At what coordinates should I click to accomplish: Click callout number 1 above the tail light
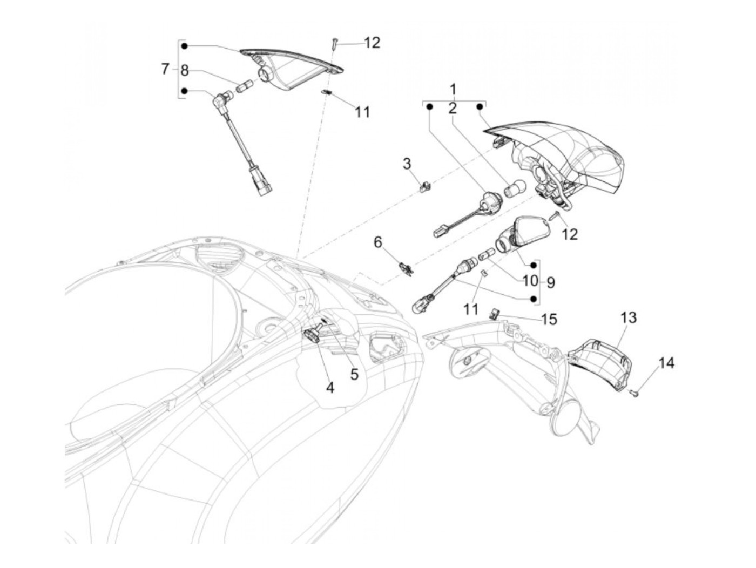coord(453,89)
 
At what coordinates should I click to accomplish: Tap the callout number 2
coord(452,108)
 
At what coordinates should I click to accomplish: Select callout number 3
coord(407,163)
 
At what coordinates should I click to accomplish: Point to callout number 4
coord(329,387)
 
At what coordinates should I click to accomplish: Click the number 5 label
coord(354,374)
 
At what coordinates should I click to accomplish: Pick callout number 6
coord(378,242)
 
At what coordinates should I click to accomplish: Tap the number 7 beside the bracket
coord(165,69)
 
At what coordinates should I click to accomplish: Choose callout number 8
coord(185,70)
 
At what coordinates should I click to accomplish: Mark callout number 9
coord(550,282)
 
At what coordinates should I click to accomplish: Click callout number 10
coord(530,281)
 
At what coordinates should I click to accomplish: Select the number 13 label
coord(629,317)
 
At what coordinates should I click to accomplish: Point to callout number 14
coord(666,363)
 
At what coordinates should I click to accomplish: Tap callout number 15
coord(549,320)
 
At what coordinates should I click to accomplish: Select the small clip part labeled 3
coord(425,186)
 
